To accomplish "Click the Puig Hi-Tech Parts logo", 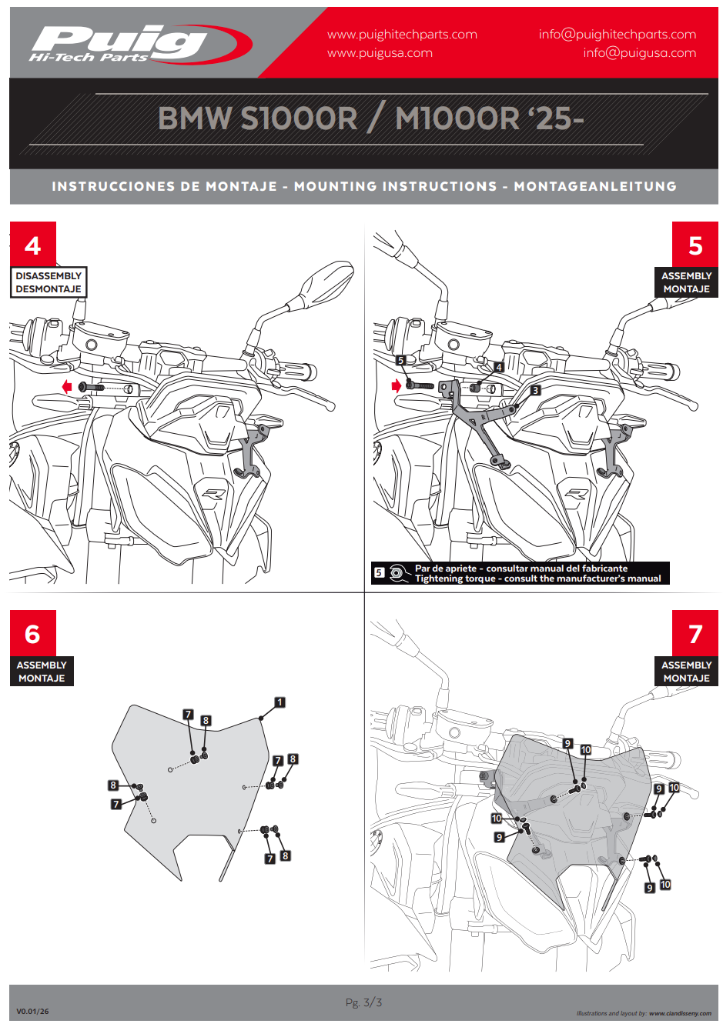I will pos(139,43).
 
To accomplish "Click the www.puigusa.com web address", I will pos(380,53).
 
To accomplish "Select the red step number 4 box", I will pos(32,245).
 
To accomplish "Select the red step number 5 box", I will pos(695,245).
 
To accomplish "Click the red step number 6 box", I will pos(32,633).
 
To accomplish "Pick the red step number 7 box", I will pos(695,633).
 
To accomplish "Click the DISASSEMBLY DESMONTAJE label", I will pos(49,282).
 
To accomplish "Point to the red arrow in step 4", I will pos(67,386).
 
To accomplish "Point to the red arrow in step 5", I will pos(397,385).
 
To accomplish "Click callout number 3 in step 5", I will pos(535,391).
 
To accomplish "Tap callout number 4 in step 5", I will pos(498,368).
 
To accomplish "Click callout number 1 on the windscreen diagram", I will pos(279,702).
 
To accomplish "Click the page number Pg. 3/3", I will pos(363,1002).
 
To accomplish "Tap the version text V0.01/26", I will pos(32,1012).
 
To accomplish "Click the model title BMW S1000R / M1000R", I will pos(370,118).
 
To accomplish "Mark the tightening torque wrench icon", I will pos(398,573).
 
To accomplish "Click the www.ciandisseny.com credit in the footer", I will pos(680,1013).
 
